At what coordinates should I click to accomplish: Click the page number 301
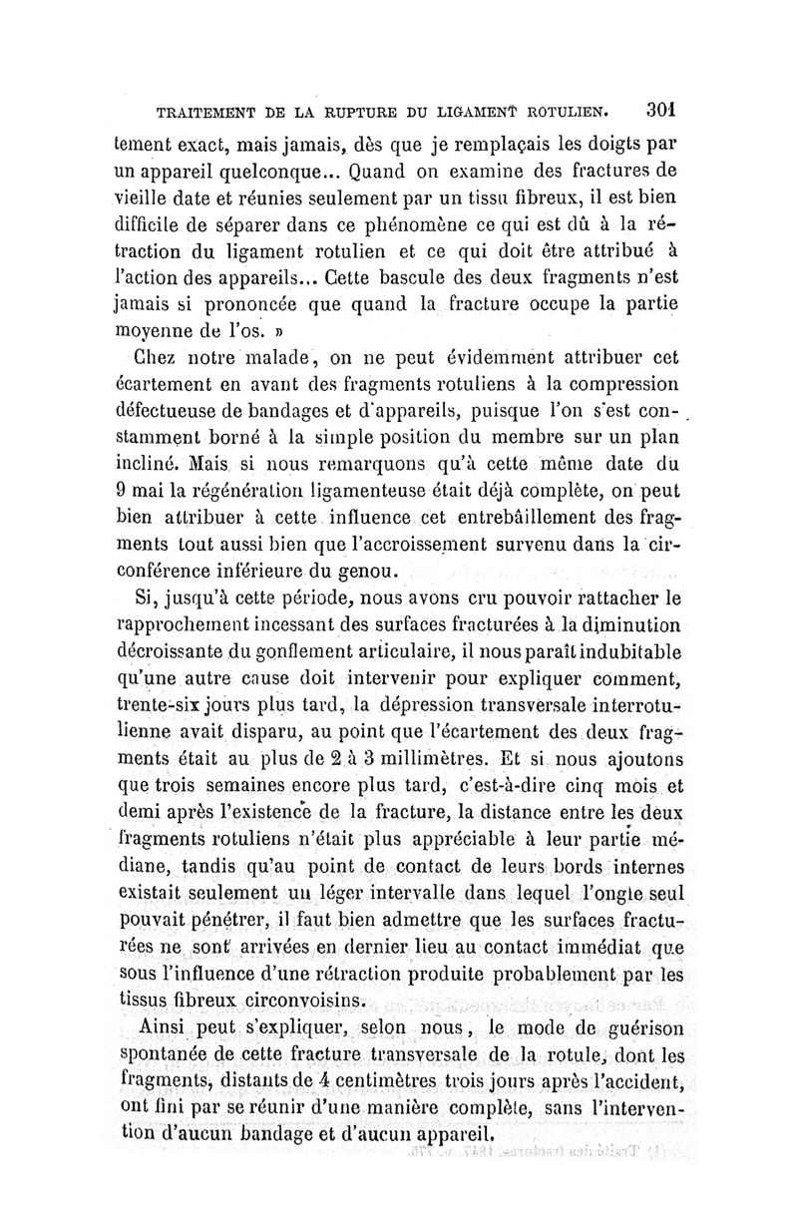[x=660, y=107]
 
